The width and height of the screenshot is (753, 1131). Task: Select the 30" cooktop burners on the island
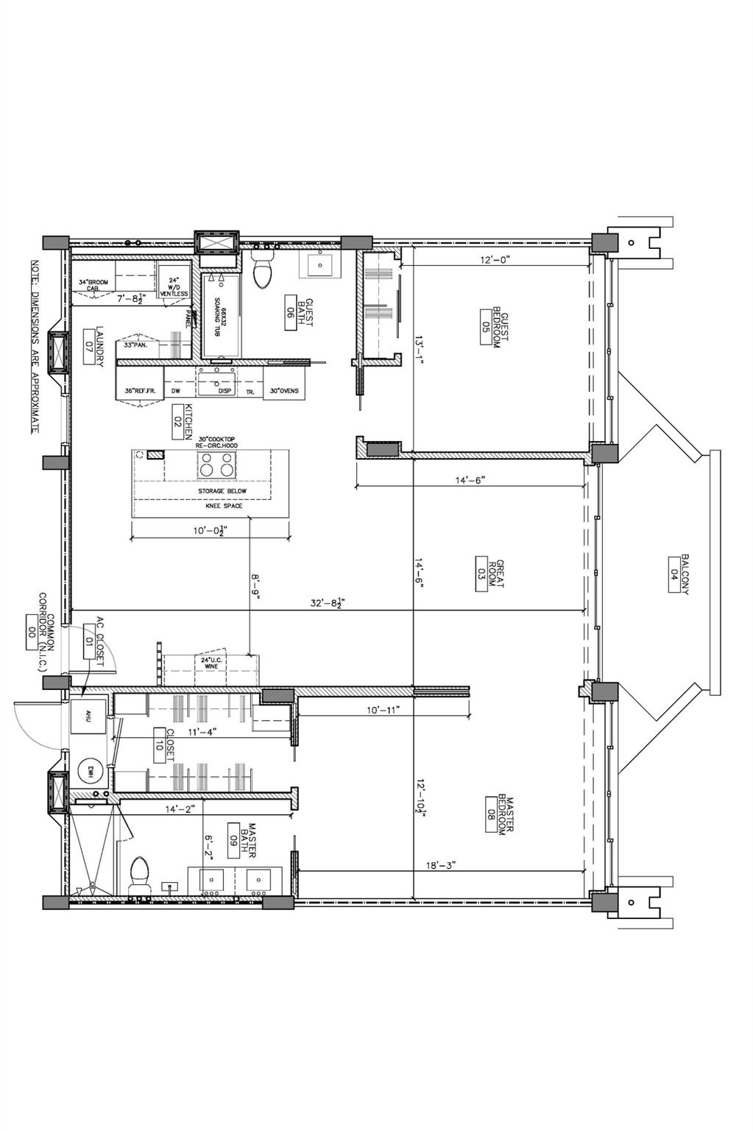217,465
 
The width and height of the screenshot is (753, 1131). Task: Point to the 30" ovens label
284,391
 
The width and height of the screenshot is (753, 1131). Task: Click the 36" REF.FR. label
137,391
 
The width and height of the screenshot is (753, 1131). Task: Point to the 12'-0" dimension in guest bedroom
495,259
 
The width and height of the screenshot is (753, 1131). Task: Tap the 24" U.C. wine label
212,663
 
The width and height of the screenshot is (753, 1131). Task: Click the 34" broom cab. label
98,285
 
